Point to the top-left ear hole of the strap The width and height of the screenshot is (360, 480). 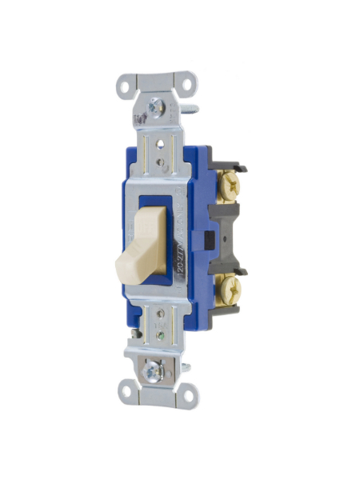pyautogui.click(x=126, y=83)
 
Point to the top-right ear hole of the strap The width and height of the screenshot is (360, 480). pyautogui.click(x=186, y=82)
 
